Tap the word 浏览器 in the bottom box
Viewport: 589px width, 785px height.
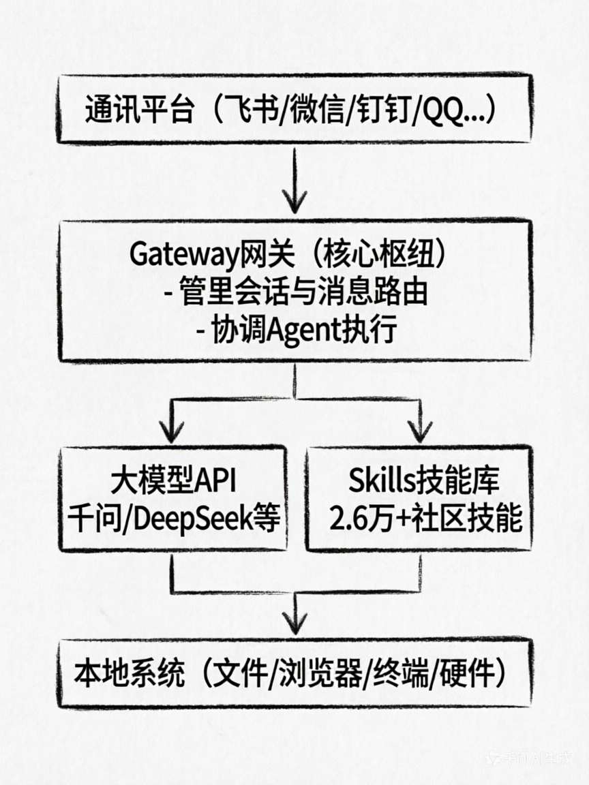point(324,674)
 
